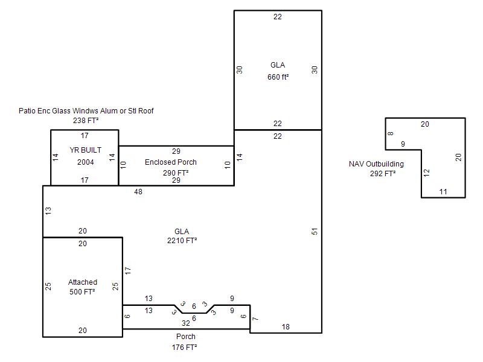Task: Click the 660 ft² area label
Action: pyautogui.click(x=278, y=77)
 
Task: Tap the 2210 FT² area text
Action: pyautogui.click(x=182, y=240)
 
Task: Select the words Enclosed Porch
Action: pyautogui.click(x=171, y=162)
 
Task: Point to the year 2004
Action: pyautogui.click(x=85, y=162)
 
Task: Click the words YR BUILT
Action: pyautogui.click(x=85, y=150)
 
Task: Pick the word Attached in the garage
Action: pyautogui.click(x=83, y=282)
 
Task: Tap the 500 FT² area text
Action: pyautogui.click(x=82, y=291)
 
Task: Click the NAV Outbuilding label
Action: pyautogui.click(x=376, y=164)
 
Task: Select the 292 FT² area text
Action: pyautogui.click(x=383, y=174)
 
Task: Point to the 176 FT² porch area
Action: pyautogui.click(x=184, y=348)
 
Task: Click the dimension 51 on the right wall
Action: pyautogui.click(x=314, y=232)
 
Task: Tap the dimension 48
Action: pyautogui.click(x=138, y=192)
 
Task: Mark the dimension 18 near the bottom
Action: pyautogui.click(x=286, y=327)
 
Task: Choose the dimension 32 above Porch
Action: pyautogui.click(x=186, y=323)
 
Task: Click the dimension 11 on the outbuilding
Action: pyautogui.click(x=443, y=192)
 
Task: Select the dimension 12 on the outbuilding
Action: pyautogui.click(x=426, y=173)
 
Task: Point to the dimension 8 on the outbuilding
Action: pyautogui.click(x=391, y=133)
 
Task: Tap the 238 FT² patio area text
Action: pyautogui.click(x=86, y=120)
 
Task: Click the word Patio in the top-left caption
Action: pyautogui.click(x=27, y=111)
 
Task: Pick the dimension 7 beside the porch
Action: pyautogui.click(x=255, y=319)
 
